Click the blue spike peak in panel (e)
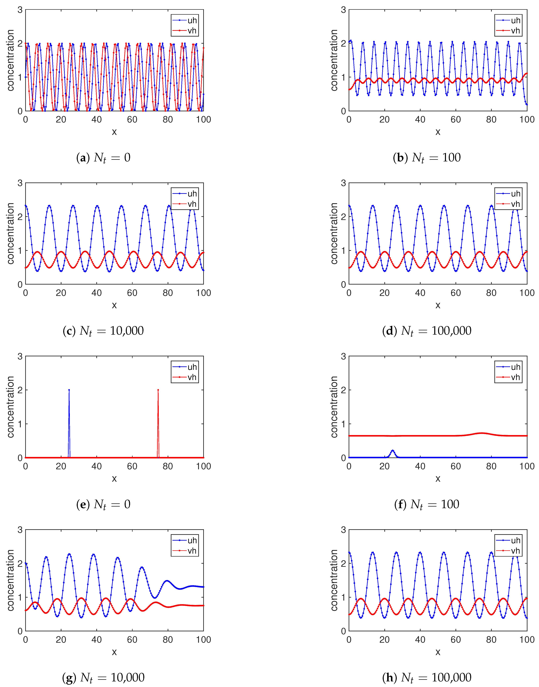(x=69, y=390)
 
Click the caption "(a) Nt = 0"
(x=103, y=157)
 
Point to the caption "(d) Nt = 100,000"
(x=427, y=331)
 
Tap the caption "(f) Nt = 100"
(x=427, y=504)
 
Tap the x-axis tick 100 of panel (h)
(x=527, y=640)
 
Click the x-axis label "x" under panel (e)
(x=114, y=479)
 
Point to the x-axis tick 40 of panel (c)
(x=97, y=293)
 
